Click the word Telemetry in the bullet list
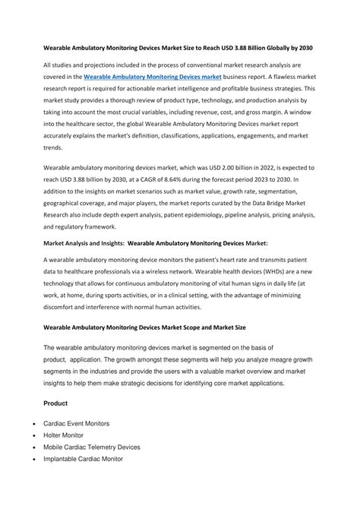click(x=118, y=447)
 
